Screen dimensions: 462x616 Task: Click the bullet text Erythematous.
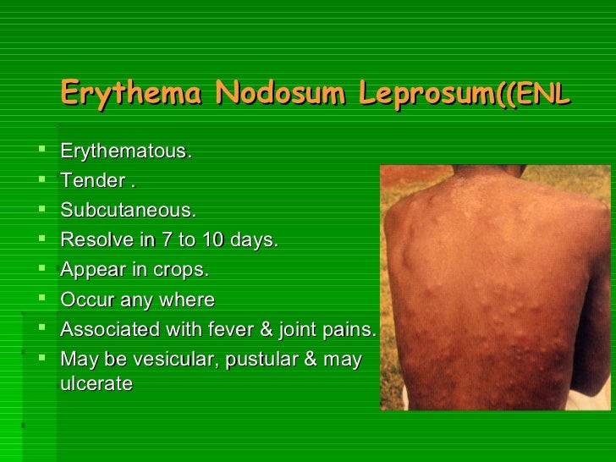[x=126, y=152]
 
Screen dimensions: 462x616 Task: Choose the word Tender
[x=93, y=181]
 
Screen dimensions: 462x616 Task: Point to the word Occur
[x=85, y=300]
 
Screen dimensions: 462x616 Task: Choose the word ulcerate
[x=96, y=383]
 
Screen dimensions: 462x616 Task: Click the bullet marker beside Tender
[x=41, y=180]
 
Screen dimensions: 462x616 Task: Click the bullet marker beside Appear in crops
[x=41, y=269]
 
